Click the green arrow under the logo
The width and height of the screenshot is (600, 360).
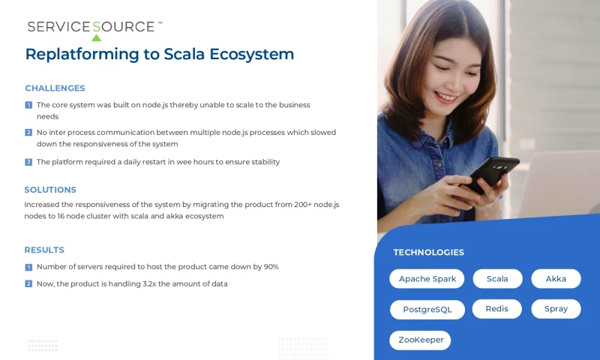click(96, 37)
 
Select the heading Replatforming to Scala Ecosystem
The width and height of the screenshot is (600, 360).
click(159, 54)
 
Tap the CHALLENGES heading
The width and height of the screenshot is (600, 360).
click(55, 88)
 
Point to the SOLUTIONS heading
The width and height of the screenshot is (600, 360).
click(50, 190)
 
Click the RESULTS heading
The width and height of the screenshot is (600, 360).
click(44, 250)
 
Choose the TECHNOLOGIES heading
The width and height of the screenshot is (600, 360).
click(428, 252)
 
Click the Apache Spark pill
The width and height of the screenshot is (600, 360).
click(427, 279)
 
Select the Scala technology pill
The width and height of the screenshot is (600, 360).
click(497, 279)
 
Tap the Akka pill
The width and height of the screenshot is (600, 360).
click(556, 279)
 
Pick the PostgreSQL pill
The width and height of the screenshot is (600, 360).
click(427, 309)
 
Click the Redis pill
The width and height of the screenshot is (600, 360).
click(496, 308)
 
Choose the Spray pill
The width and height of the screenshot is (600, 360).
click(556, 308)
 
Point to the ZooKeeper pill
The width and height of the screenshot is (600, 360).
click(420, 340)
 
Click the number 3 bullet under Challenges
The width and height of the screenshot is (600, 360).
click(28, 162)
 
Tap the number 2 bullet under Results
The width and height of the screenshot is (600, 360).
click(28, 283)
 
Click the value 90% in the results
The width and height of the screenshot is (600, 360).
click(271, 267)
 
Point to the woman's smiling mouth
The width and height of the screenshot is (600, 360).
click(445, 97)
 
